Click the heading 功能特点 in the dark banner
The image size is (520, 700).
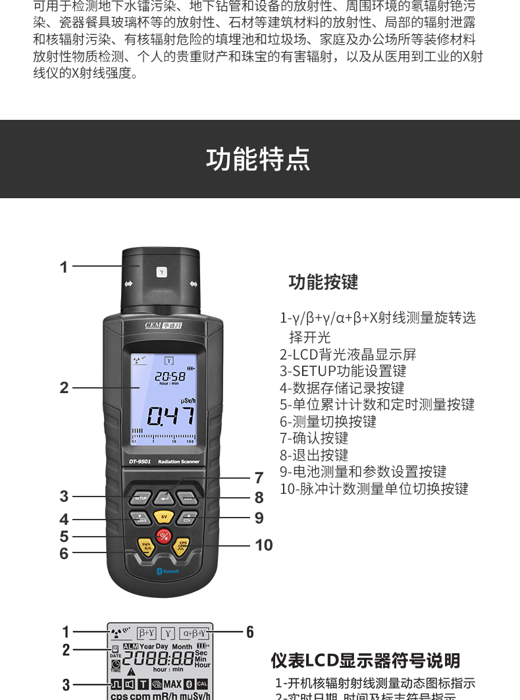point(258,159)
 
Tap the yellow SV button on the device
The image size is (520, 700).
point(163,517)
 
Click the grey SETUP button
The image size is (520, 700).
point(140,498)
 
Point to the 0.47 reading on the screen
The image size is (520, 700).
point(170,416)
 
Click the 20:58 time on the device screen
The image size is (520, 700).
point(170,376)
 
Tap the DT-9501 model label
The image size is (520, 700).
point(140,462)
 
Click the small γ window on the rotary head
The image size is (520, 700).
point(162,271)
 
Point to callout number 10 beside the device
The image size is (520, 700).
point(263,545)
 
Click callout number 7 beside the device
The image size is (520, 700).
point(259,478)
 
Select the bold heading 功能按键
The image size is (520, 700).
point(323,283)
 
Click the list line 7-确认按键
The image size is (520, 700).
point(314,438)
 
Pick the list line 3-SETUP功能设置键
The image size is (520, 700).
point(343,371)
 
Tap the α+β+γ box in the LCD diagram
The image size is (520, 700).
point(194,633)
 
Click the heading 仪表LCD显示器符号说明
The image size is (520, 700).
point(365,660)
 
